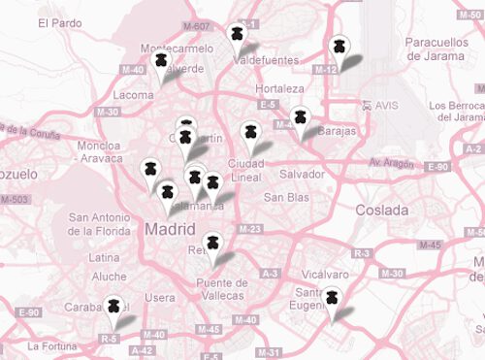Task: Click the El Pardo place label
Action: coord(60,22)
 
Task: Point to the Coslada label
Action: coord(382,210)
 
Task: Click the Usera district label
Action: coord(159,297)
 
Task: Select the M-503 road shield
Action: coord(16,199)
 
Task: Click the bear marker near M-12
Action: coord(338,46)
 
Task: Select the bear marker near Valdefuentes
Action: coord(236,34)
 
